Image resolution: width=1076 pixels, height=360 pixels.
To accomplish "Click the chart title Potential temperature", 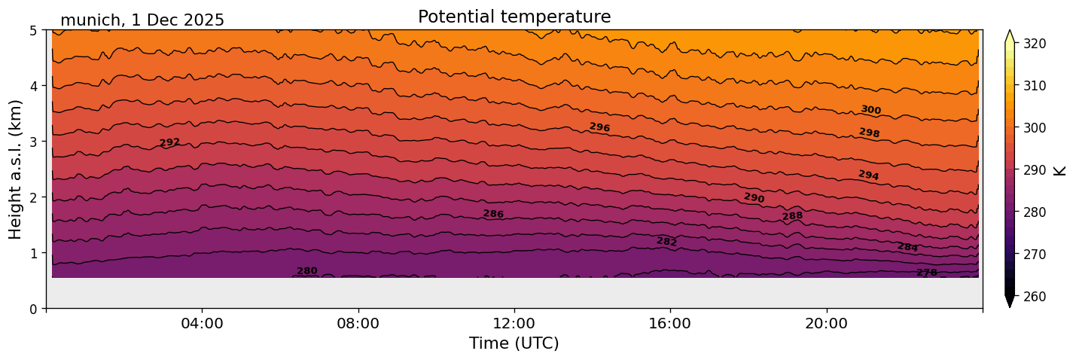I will [x=514, y=17].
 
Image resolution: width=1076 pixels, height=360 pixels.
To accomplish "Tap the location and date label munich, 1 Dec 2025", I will [x=142, y=20].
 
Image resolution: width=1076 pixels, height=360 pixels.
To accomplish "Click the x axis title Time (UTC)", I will [x=514, y=343].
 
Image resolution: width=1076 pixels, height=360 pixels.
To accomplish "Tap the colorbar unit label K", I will [x=1060, y=170].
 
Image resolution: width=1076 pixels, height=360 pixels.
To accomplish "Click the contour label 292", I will [x=169, y=142].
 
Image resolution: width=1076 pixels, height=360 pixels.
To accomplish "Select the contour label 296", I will [x=599, y=127].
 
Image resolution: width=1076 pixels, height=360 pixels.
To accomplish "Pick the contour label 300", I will [x=870, y=110].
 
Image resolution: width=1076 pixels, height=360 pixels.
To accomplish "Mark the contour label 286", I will [x=493, y=214].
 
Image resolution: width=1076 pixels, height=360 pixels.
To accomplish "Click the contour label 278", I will [x=927, y=273].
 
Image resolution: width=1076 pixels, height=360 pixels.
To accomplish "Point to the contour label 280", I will [x=306, y=271].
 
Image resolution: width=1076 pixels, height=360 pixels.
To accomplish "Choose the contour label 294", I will [x=868, y=175].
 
